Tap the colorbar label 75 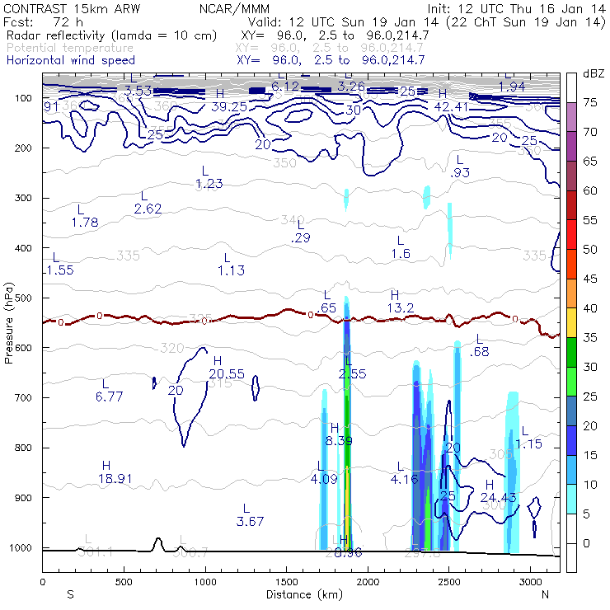[590, 103]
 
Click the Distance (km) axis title [300, 594]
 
